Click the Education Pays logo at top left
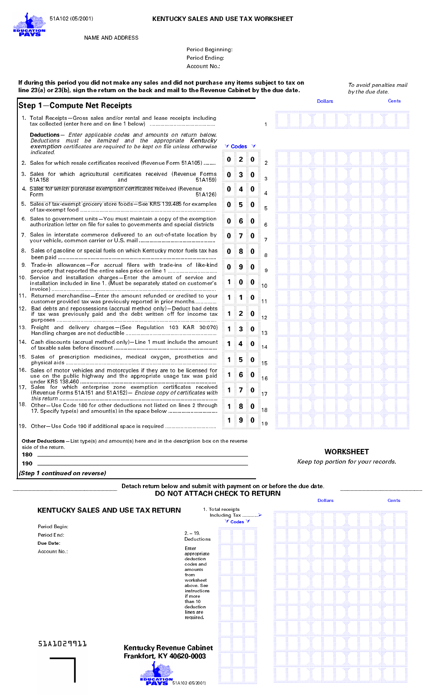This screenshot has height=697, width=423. tap(29, 25)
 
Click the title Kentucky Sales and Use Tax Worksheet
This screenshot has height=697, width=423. tap(223, 19)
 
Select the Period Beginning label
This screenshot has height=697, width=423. tap(209, 49)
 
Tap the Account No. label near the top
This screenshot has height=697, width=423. tap(203, 66)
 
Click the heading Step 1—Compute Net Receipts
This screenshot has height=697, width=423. tap(75, 106)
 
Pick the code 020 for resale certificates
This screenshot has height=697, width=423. tap(240, 159)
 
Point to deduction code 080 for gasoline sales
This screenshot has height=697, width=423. tap(240, 251)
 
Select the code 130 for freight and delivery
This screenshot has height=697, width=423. tap(240, 329)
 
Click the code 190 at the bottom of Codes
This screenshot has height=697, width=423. tap(240, 420)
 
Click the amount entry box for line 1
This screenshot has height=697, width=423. tap(342, 120)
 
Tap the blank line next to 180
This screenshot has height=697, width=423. tap(142, 455)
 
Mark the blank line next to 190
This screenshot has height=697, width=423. tap(142, 464)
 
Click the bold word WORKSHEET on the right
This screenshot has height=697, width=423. tap(346, 452)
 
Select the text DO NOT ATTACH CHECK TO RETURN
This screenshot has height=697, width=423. tap(218, 493)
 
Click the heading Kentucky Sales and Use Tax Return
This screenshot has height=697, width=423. tap(109, 510)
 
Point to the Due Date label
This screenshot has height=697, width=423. tap(49, 543)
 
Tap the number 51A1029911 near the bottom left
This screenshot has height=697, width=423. tap(62, 644)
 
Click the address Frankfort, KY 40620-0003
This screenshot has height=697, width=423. tap(165, 656)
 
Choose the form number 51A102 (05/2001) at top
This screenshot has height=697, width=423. tap(71, 19)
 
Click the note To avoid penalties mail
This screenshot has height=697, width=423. tap(378, 85)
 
